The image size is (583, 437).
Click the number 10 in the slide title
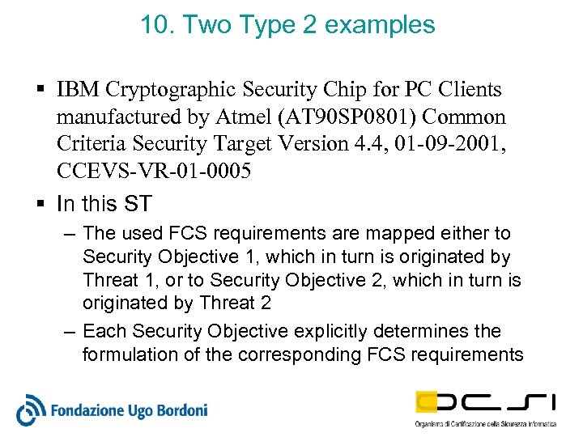(x=152, y=24)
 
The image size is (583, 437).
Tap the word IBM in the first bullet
(x=79, y=91)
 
